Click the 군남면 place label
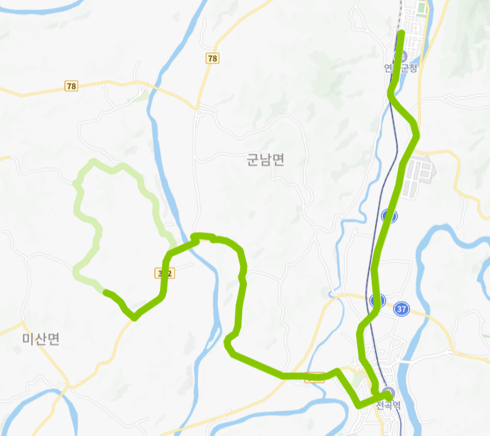(x=265, y=161)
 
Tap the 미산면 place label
(x=41, y=338)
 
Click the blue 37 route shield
(x=401, y=309)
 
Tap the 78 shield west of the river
(x=71, y=87)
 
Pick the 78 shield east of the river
(x=212, y=59)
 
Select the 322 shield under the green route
(x=165, y=273)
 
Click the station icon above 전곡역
(x=388, y=392)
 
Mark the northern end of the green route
(x=401, y=33)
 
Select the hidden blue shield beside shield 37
(x=377, y=300)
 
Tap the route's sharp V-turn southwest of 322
(x=134, y=318)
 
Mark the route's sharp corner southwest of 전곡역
(x=357, y=403)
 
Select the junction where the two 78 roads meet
(x=197, y=109)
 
